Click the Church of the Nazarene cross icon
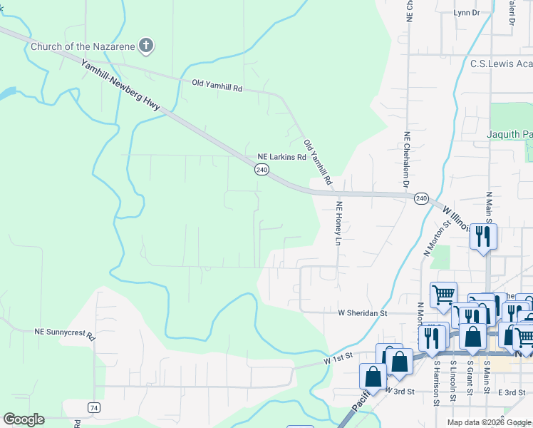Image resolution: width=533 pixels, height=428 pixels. click(x=146, y=46)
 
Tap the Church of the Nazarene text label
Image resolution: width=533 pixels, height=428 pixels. click(x=82, y=47)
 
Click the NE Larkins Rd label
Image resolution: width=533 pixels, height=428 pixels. click(x=281, y=157)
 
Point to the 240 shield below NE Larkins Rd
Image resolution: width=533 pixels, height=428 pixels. click(x=262, y=170)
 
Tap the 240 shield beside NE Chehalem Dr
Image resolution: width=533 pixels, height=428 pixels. click(x=421, y=198)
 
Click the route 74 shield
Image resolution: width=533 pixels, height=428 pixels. click(x=94, y=407)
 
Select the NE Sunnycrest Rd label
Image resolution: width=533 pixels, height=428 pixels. click(x=65, y=333)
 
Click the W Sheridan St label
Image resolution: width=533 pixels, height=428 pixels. click(x=362, y=312)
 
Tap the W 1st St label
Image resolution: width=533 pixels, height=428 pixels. click(x=338, y=362)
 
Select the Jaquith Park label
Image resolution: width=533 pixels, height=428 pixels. click(x=509, y=134)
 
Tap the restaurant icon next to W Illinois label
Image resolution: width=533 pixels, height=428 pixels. click(x=484, y=235)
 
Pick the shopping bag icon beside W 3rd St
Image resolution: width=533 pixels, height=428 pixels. click(x=373, y=376)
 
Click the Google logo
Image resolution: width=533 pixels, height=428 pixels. click(x=24, y=419)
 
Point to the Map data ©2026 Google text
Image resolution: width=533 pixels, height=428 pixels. click(x=489, y=422)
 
